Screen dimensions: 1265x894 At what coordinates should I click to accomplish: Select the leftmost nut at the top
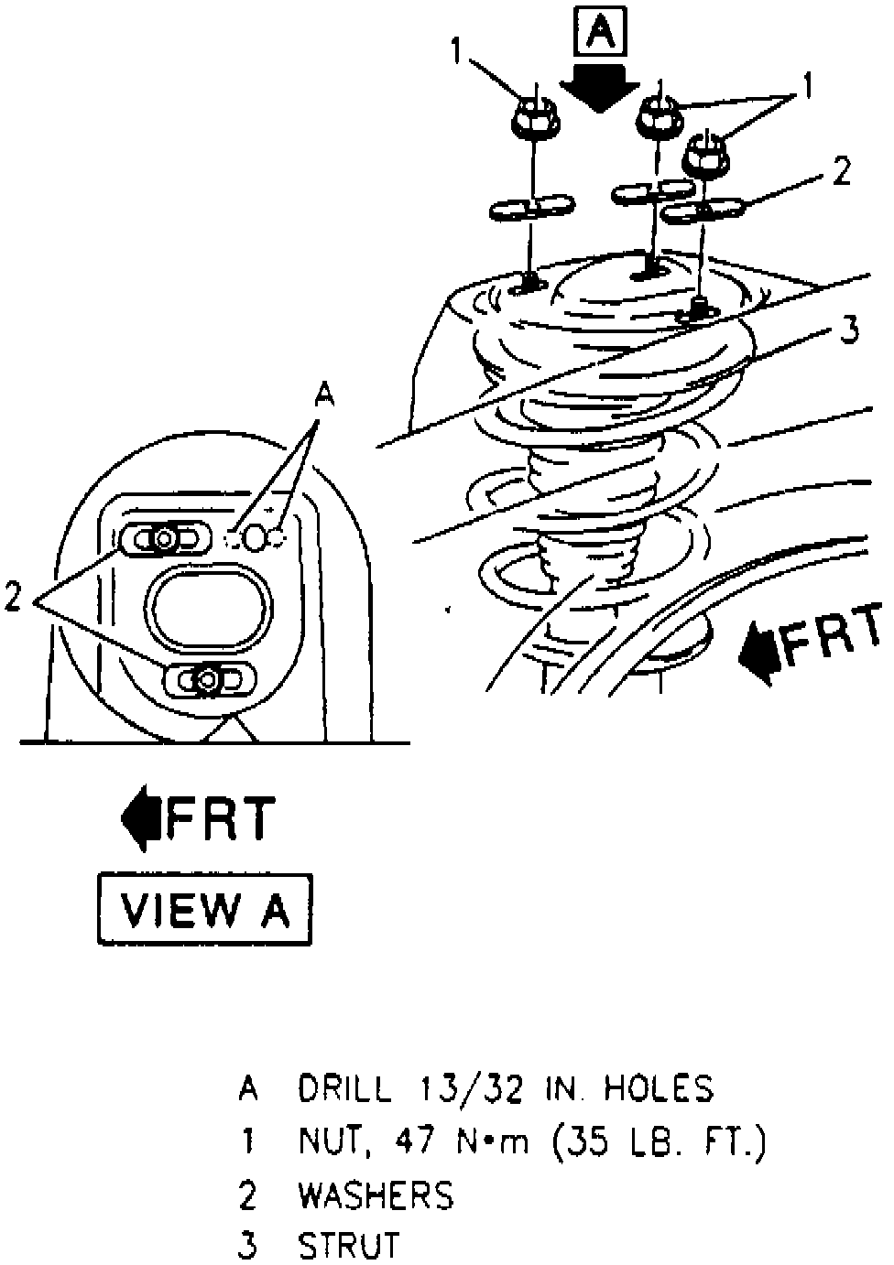click(x=529, y=116)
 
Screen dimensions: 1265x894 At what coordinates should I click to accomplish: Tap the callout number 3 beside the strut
click(x=850, y=330)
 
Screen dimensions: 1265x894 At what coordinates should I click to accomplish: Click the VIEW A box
click(x=205, y=910)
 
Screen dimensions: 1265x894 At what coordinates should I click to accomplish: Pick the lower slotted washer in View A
click(x=210, y=680)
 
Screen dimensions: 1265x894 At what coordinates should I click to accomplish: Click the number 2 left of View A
click(x=13, y=598)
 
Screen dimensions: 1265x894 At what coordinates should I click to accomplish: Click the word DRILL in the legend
click(x=346, y=1088)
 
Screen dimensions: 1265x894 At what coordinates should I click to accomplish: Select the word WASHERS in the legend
click(x=376, y=1195)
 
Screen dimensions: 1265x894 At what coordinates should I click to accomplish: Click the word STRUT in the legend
click(x=350, y=1247)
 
